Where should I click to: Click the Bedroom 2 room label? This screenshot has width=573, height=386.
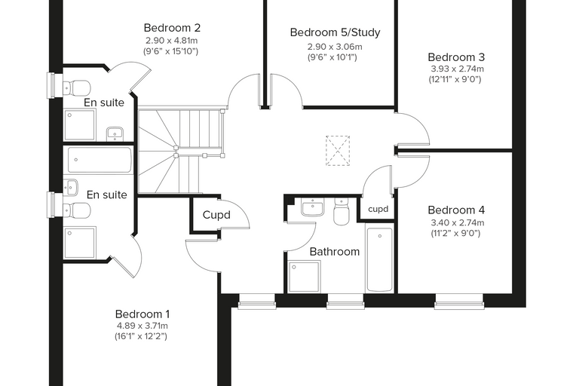(x=172, y=28)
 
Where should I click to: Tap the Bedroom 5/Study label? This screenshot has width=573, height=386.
(x=335, y=32)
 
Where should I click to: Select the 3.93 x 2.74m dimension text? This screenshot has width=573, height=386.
(x=457, y=69)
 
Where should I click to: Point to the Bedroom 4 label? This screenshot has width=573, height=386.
(x=456, y=210)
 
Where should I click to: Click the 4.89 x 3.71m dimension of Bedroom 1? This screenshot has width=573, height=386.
(x=142, y=326)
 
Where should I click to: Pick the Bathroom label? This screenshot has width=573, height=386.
(x=334, y=252)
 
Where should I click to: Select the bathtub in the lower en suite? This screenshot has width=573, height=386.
(x=100, y=160)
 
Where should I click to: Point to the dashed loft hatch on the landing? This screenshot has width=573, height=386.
(x=338, y=151)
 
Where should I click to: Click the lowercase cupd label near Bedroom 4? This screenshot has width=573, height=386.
(x=378, y=209)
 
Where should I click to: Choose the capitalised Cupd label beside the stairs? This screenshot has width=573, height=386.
(x=216, y=215)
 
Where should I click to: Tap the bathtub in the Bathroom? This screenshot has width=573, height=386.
(x=380, y=259)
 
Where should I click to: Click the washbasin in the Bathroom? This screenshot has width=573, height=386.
(x=312, y=207)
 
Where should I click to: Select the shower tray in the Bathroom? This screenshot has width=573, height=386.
(x=304, y=277)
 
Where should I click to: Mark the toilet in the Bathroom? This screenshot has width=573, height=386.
(x=342, y=211)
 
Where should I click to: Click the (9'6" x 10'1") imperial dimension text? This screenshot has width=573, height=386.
(x=332, y=57)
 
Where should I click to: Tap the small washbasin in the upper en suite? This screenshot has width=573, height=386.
(x=115, y=133)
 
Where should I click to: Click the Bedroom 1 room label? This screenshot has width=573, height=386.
(x=142, y=314)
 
